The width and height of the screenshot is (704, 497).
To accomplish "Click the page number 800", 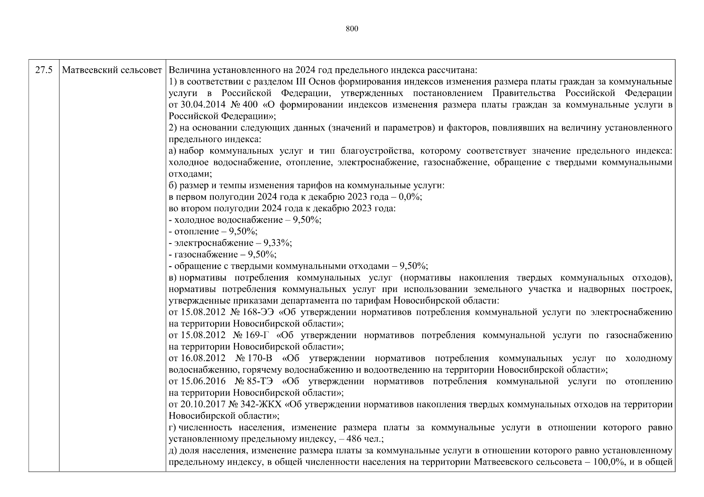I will point(352,29).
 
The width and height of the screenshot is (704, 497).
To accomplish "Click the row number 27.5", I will point(44,70).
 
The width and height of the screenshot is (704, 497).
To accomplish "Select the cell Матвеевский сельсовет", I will point(112,70).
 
